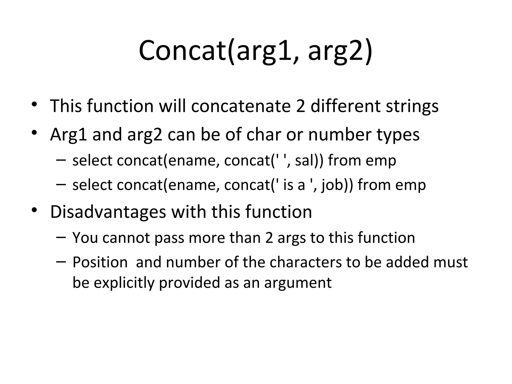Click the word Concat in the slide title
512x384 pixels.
click(x=182, y=50)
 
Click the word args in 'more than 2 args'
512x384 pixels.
click(x=291, y=238)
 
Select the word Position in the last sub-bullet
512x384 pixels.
click(x=100, y=262)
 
